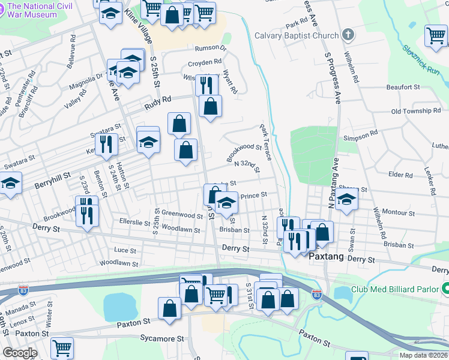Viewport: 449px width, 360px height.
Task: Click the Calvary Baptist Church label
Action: point(297,35)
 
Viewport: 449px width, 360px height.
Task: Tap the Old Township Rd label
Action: point(415,111)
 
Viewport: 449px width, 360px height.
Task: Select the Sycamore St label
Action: point(163,338)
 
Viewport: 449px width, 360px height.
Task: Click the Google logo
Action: point(19,353)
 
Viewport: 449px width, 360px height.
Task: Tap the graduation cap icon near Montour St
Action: point(346,202)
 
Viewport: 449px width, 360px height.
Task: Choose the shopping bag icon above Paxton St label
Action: point(170,308)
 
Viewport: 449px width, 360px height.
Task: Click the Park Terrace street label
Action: point(265,143)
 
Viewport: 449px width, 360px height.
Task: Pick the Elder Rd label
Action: point(400,175)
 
